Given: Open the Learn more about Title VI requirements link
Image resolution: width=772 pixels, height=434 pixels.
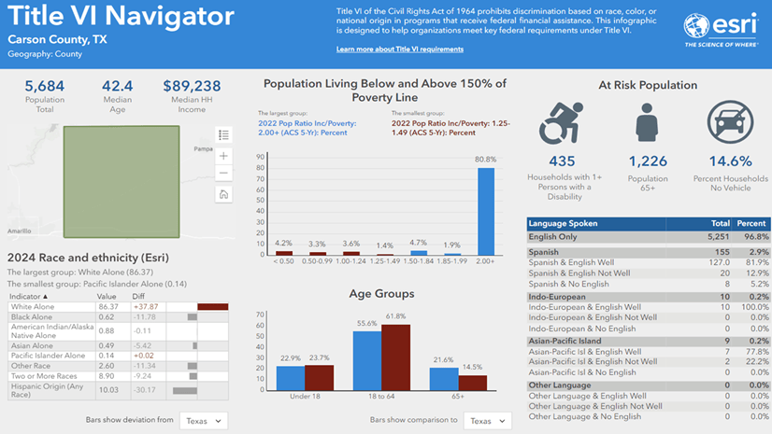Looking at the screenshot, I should pyautogui.click(x=399, y=49).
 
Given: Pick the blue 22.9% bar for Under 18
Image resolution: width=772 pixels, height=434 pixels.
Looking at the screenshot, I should pyautogui.click(x=290, y=378).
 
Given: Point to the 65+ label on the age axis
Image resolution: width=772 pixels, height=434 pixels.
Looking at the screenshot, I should pyautogui.click(x=457, y=397).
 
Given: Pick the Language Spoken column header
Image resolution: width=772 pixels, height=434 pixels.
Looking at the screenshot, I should pyautogui.click(x=563, y=224).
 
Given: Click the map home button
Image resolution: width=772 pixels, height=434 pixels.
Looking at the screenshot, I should pyautogui.click(x=223, y=194).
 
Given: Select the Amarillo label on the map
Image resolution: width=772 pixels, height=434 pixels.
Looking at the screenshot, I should pyautogui.click(x=19, y=229).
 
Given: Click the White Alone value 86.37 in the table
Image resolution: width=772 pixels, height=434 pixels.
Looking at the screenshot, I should pyautogui.click(x=107, y=305).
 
